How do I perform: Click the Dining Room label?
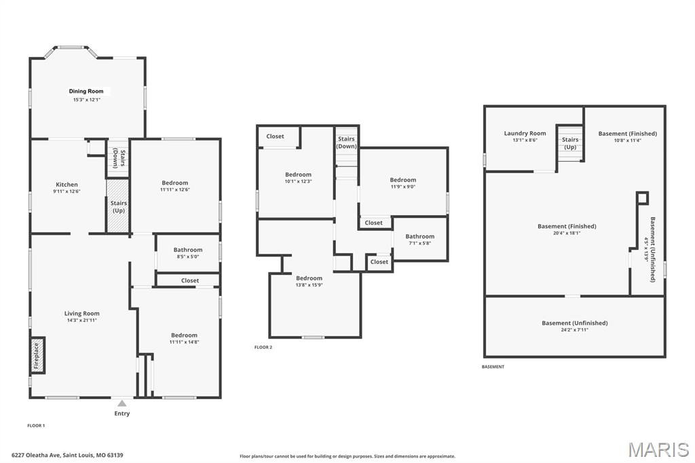point(86,91)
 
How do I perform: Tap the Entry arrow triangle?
point(122,403)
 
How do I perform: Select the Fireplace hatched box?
point(37,355)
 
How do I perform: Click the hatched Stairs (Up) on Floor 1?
point(118,198)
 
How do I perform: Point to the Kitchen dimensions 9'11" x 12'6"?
point(67,192)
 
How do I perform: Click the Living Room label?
point(82,314)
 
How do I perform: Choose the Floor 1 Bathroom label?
point(188,250)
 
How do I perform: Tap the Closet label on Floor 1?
point(190,280)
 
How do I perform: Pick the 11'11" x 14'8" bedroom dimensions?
point(184,342)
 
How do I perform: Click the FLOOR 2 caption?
point(263,347)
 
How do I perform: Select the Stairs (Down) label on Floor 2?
point(346,143)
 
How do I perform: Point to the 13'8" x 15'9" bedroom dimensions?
point(309,285)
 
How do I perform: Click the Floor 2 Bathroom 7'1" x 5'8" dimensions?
point(419,243)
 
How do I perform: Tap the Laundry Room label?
point(525,133)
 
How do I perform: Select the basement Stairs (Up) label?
point(570,143)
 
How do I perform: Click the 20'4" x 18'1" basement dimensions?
point(567,233)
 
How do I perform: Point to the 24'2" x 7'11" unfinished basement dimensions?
point(574,330)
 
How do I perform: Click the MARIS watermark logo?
point(658,449)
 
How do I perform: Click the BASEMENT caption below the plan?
point(493,367)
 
